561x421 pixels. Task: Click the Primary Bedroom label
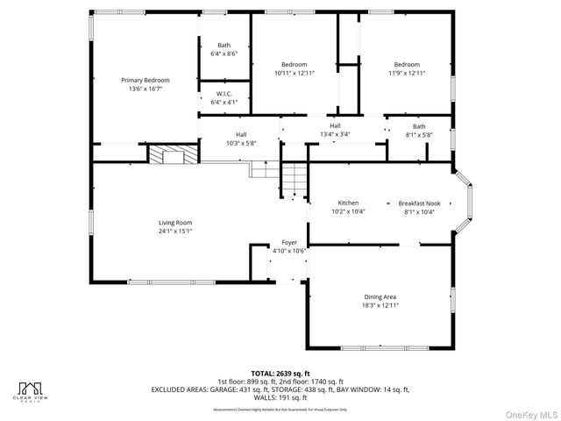146,80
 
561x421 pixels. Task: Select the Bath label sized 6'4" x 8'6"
224,45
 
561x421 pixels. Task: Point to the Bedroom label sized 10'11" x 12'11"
295,65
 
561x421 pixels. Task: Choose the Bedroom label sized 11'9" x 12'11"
406,65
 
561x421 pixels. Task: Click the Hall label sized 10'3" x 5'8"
240,134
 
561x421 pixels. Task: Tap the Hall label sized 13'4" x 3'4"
335,126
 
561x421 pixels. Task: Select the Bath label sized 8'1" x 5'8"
419,126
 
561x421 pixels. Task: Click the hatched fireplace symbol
167,155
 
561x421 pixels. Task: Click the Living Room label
175,223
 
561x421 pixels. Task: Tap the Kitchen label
348,203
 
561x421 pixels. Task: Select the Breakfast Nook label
419,203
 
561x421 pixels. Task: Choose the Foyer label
289,242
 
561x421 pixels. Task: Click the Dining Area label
380,297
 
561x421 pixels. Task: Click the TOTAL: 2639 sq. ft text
280,373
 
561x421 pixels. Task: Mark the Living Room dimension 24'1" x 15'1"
175,232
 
